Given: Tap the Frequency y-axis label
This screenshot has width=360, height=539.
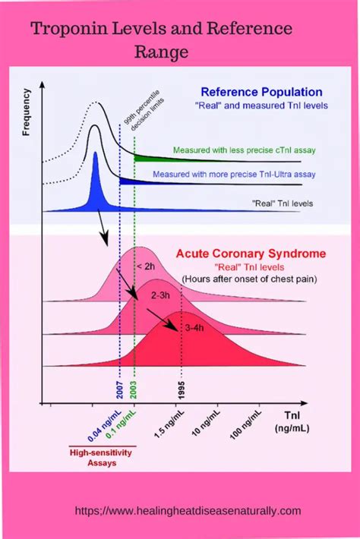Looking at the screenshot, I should (27, 113).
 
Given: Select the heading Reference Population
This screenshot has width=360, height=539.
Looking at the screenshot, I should (261, 93).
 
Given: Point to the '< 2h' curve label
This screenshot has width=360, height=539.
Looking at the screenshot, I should (147, 266).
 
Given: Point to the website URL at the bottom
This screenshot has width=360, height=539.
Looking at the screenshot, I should (189, 511).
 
